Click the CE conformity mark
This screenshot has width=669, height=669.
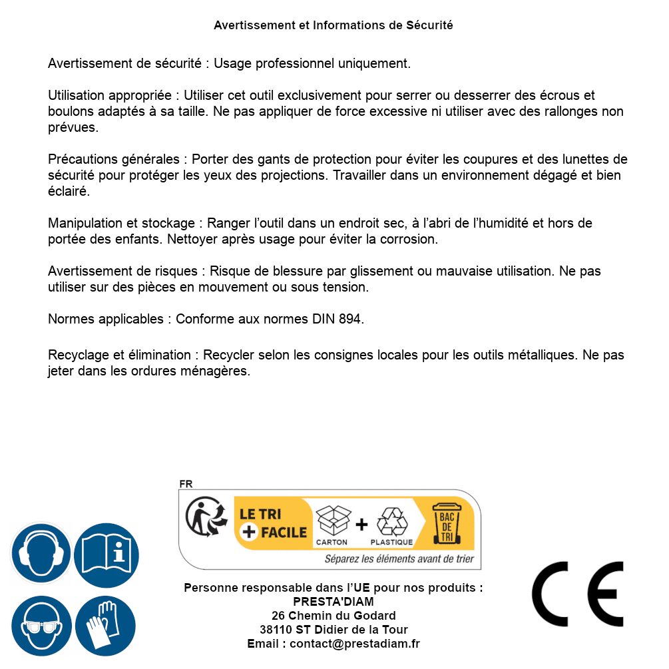[x=578, y=594]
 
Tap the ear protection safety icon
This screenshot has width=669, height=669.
[x=41, y=553]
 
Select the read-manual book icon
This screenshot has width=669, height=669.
[x=107, y=553]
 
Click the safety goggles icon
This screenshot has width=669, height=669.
[x=41, y=626]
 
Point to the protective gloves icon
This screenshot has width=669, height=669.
[x=107, y=626]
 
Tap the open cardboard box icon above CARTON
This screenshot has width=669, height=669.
[x=332, y=519]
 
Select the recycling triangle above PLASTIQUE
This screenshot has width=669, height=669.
[x=391, y=521]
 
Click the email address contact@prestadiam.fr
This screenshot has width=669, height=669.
[x=355, y=644]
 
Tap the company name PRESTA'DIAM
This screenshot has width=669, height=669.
[x=334, y=602]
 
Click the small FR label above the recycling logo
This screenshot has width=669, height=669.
[x=186, y=484]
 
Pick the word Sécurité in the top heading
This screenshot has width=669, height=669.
[x=429, y=25]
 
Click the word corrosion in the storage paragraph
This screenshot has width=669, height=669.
[x=410, y=238]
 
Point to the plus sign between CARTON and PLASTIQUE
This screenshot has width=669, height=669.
[x=361, y=524]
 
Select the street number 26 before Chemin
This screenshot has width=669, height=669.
[x=278, y=616]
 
